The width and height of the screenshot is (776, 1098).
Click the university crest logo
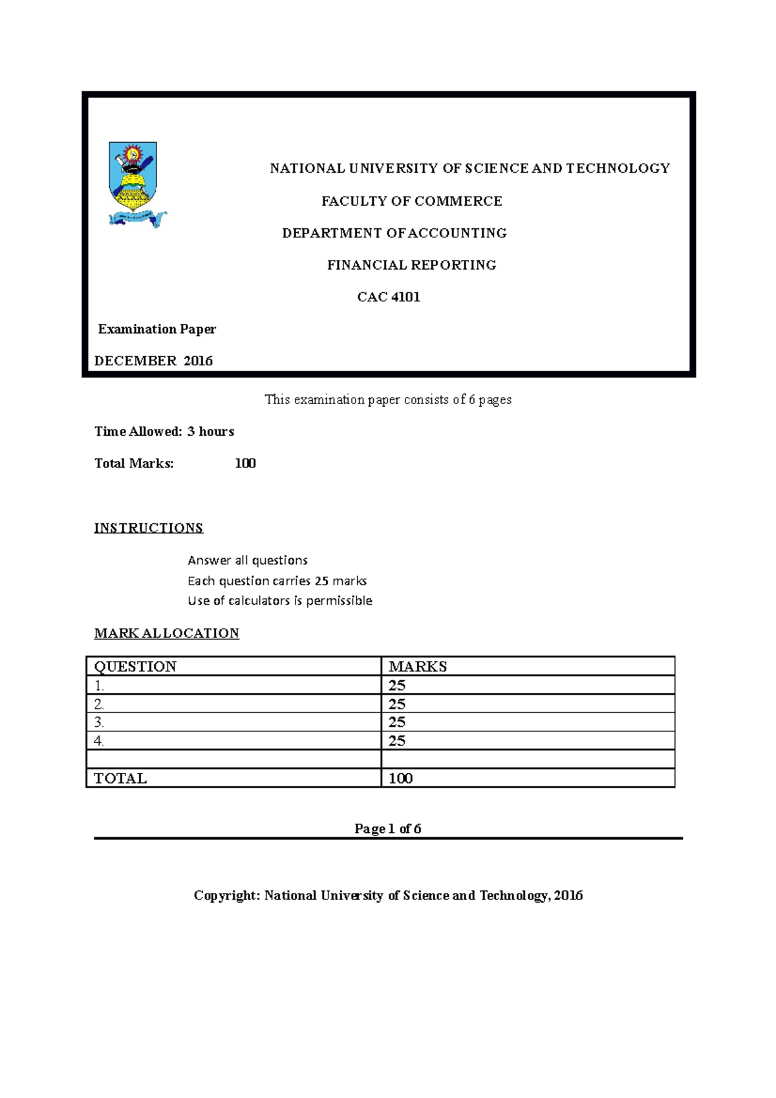click(x=135, y=184)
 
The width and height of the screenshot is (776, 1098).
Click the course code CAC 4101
click(x=389, y=297)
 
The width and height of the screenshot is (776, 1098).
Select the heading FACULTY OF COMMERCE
click(x=411, y=201)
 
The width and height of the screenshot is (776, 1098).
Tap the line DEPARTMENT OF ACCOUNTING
click(x=394, y=233)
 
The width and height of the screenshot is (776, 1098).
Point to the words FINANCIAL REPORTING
click(x=411, y=265)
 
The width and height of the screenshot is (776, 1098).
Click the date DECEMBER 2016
click(x=153, y=361)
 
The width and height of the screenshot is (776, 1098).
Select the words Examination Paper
click(x=157, y=329)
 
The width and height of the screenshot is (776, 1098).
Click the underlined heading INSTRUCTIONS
click(x=149, y=528)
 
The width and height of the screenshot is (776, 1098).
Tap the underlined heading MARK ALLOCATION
click(x=167, y=633)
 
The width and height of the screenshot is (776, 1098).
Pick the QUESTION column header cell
click(x=233, y=666)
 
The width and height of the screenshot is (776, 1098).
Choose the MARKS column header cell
click(x=527, y=666)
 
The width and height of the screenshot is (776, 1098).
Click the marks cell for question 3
click(x=527, y=722)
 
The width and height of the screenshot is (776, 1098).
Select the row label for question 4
click(x=233, y=740)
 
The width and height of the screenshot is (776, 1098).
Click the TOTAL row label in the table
click(x=233, y=778)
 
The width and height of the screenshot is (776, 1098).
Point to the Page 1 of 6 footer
click(x=388, y=828)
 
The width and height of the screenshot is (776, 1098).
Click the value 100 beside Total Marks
click(x=245, y=463)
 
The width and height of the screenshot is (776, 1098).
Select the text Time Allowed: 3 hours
click(x=164, y=431)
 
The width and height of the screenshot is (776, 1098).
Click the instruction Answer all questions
click(x=248, y=560)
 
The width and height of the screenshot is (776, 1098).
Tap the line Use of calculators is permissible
click(x=280, y=600)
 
